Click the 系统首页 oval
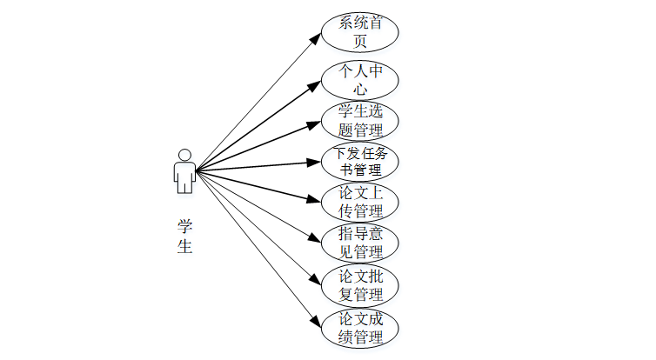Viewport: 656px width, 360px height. (x=360, y=31)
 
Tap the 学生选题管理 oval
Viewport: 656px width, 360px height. (x=360, y=121)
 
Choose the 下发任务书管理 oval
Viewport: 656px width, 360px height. (x=360, y=161)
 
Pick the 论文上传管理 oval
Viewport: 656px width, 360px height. (x=360, y=202)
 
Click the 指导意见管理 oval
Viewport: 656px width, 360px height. (x=360, y=243)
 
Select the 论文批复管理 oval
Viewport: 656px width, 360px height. (x=360, y=284)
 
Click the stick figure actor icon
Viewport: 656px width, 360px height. (x=184, y=171)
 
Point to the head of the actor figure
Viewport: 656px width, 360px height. (x=184, y=155)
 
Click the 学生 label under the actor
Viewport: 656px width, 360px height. (x=184, y=236)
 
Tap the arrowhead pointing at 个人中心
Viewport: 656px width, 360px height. (x=316, y=83)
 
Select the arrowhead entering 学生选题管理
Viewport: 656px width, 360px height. (x=316, y=124)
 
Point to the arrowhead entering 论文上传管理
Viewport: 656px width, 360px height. (x=316, y=199)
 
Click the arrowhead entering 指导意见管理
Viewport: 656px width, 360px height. (x=316, y=237)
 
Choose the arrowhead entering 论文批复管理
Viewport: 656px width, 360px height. (x=316, y=279)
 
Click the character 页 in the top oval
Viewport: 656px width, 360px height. (x=360, y=41)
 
